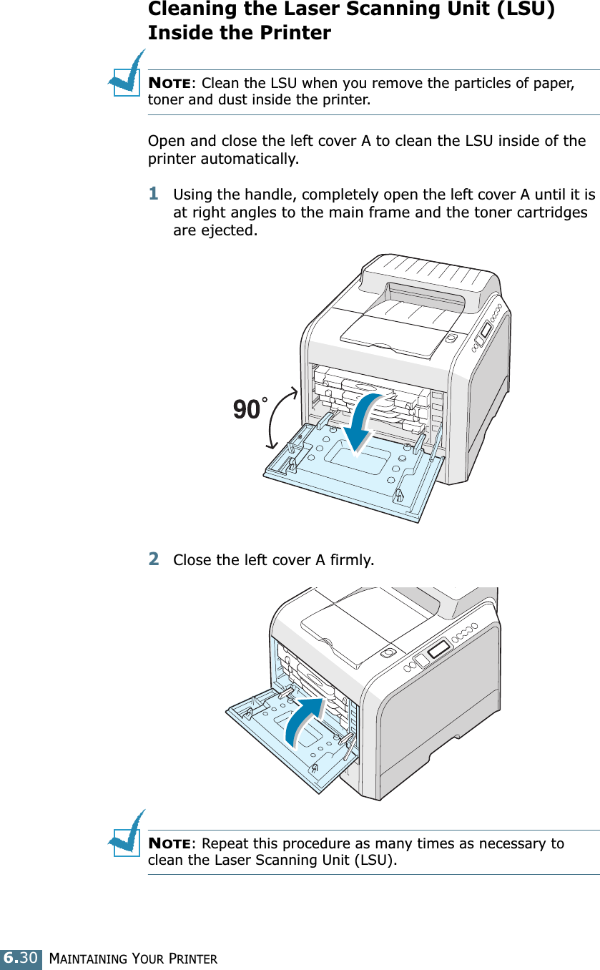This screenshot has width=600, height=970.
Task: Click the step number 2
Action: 154,558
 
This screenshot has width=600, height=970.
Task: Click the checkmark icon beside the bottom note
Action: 127,833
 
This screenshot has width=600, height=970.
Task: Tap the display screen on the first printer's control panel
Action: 486,330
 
